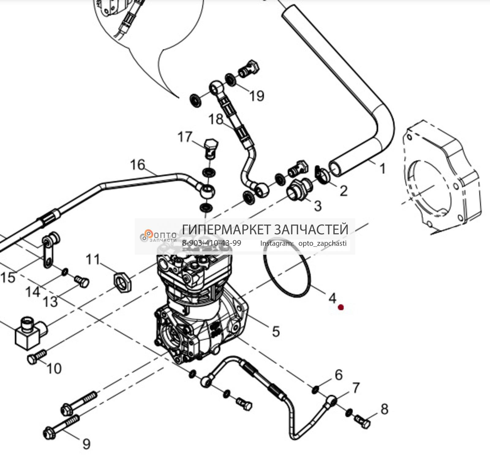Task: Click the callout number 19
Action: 257,96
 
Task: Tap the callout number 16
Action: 138,165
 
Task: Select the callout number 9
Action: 86,444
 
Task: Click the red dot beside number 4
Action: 341,307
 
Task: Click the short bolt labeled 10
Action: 36,357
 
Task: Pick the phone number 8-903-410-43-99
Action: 211,243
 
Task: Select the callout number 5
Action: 276,331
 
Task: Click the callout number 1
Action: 383,168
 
